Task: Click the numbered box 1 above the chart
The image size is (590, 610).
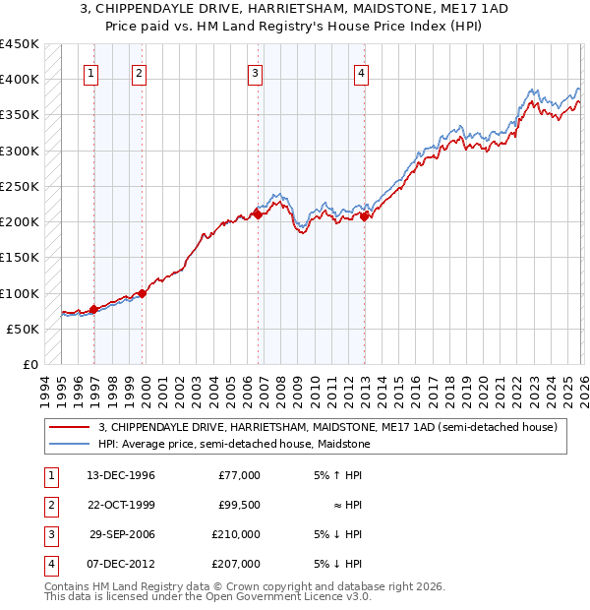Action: click(90, 72)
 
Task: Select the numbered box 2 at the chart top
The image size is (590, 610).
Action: click(139, 72)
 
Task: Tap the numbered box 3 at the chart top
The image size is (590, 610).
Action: click(255, 72)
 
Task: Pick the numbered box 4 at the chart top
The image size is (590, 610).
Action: click(362, 72)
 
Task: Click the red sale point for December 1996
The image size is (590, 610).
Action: click(94, 309)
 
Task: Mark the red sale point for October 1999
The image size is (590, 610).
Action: click(143, 293)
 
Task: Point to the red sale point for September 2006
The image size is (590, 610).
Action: click(259, 213)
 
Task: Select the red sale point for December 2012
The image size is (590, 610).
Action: click(365, 216)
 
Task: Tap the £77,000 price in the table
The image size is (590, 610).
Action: click(239, 475)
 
